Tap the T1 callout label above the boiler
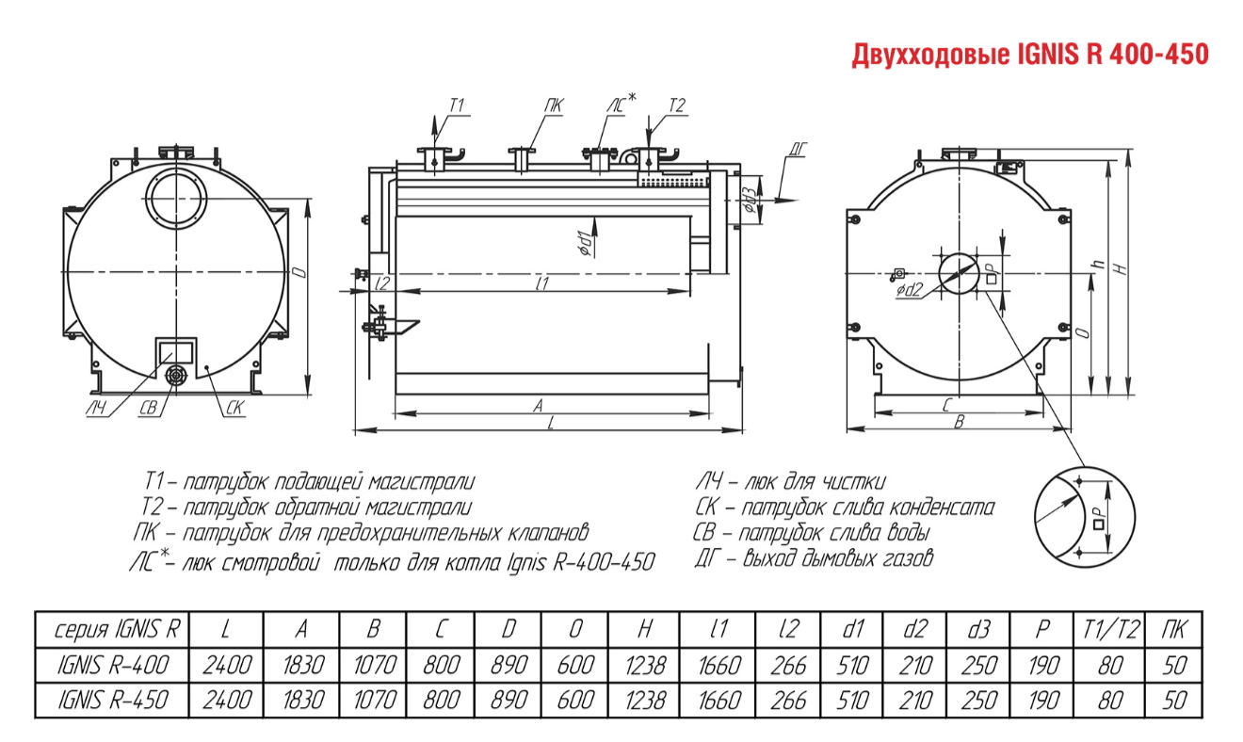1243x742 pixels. [458, 105]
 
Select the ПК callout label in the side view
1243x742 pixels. [553, 105]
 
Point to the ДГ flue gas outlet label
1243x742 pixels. [799, 148]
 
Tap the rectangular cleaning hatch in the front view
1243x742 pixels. [176, 351]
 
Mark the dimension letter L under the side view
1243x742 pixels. [550, 425]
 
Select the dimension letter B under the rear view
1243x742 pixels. [958, 423]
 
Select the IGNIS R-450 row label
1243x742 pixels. [113, 700]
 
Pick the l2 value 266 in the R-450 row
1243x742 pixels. [787, 700]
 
